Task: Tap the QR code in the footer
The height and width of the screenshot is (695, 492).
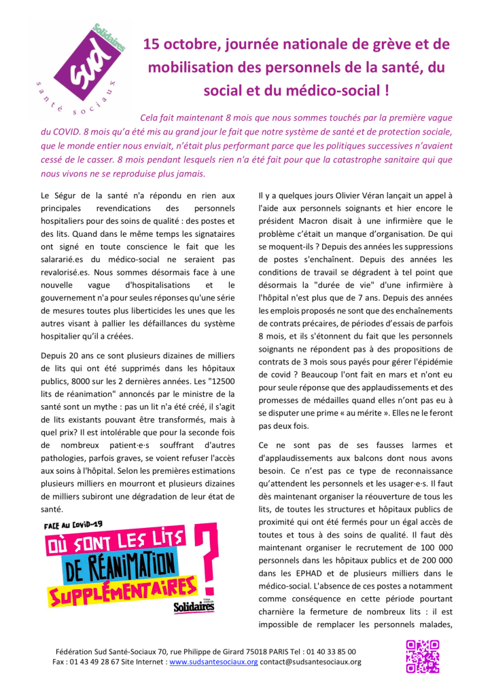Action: point(422,656)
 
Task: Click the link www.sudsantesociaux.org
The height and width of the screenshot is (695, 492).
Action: point(213,662)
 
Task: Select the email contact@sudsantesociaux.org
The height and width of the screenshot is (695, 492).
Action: point(311,662)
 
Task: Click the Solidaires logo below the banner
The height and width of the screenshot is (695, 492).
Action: point(194,605)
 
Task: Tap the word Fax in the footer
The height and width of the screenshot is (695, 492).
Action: point(60,662)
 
